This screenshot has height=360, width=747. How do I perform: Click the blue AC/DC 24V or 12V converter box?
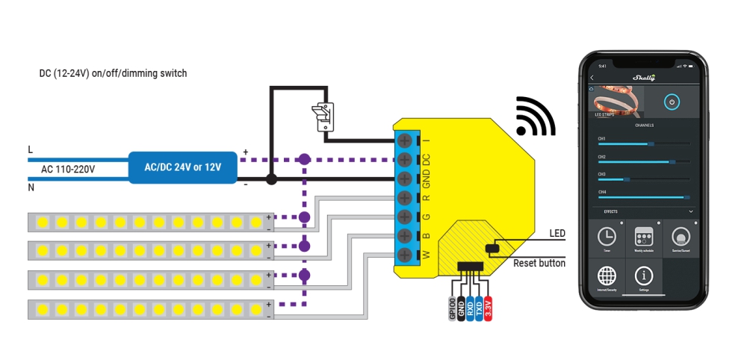[183, 168]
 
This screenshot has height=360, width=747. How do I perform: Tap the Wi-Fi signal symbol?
[534, 117]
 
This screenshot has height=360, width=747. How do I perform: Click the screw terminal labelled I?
[404, 140]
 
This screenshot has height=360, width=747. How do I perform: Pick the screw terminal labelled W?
[404, 255]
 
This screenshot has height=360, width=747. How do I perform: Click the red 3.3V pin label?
[488, 308]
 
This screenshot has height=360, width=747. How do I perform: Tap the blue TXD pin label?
[478, 308]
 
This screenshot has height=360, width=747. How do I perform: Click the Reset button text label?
[539, 263]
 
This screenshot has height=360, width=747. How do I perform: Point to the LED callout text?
[557, 234]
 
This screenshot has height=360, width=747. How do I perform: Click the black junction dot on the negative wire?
[272, 179]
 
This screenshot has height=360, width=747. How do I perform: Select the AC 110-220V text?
[68, 170]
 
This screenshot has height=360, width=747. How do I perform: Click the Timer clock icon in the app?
[607, 237]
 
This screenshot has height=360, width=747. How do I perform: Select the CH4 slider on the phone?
[643, 197]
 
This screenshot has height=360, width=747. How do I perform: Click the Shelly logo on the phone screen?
[643, 77]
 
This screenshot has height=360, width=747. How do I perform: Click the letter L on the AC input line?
[31, 149]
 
